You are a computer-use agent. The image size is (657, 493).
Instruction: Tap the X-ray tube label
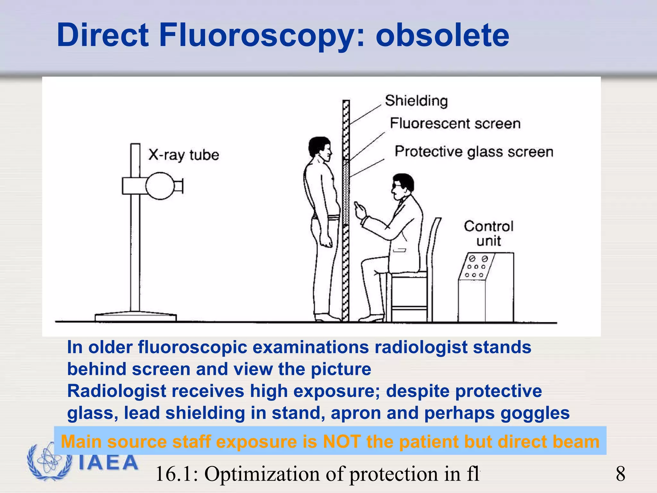183,155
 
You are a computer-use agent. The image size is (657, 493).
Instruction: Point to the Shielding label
416,101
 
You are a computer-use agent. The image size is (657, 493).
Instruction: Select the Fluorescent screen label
455,124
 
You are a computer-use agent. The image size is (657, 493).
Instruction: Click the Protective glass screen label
474,152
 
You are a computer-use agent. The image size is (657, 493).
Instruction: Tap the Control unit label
488,233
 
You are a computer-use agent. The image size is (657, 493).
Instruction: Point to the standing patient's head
320,149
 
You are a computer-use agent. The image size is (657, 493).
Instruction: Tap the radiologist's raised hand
360,210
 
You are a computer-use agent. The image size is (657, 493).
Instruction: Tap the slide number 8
620,474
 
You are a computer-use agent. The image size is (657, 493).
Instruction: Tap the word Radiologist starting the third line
117,391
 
